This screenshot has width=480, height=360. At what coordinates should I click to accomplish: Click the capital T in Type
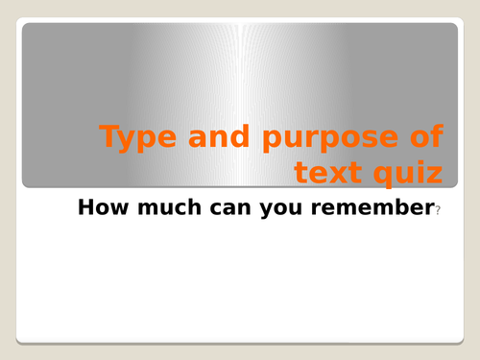pyautogui.click(x=110, y=137)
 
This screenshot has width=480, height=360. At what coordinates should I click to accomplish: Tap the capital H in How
pyautogui.click(x=84, y=206)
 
